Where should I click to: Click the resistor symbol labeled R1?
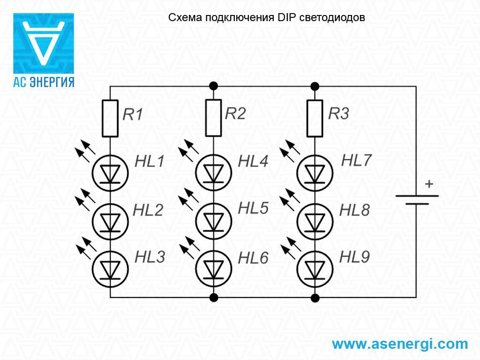(110, 118)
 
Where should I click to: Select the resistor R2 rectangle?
(213, 118)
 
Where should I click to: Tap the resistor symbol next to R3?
(315, 118)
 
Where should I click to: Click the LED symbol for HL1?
(110, 172)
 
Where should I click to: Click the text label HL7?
(356, 160)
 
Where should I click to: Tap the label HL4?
(253, 162)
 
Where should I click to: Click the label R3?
(338, 114)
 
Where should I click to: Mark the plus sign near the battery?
(428, 184)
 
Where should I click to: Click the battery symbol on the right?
(417, 200)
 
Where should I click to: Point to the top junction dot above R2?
(213, 86)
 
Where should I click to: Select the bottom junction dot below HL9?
(315, 297)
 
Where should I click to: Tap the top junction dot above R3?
(315, 86)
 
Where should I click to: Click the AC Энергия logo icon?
(43, 43)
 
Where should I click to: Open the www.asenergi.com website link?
(400, 344)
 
